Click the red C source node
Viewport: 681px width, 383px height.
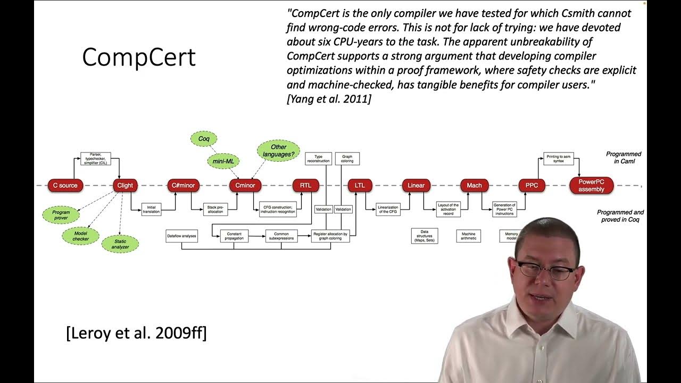coord(65,185)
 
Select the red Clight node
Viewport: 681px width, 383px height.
coord(125,185)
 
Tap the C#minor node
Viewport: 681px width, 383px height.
coord(184,185)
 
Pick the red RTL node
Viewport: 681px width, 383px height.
coord(305,185)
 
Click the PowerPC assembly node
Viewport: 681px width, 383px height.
coord(591,185)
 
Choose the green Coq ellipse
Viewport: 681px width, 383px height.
coord(204,139)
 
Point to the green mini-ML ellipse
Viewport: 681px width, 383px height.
coord(224,161)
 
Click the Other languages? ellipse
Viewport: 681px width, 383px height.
coord(278,151)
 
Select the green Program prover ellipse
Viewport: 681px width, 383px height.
coord(61,215)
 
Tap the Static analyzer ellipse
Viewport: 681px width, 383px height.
coord(120,244)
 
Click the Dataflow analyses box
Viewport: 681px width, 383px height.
coord(181,236)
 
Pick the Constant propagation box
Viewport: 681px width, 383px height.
coord(234,236)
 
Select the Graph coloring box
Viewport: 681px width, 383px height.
coord(347,159)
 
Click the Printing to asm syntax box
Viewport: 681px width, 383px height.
coord(558,159)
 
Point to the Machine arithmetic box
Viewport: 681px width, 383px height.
coord(468,236)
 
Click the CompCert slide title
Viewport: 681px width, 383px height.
coord(139,57)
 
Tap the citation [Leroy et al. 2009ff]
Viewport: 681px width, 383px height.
coord(136,334)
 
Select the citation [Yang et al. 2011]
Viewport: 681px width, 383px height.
coord(329,98)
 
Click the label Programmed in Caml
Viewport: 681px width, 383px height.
coord(624,157)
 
